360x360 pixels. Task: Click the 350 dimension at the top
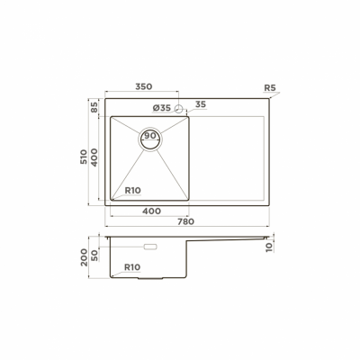point(143,87)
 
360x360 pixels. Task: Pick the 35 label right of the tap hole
point(200,105)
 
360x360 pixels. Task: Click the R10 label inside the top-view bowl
point(133,191)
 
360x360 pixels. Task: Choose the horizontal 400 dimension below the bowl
point(151,211)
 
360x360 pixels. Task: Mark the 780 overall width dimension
point(185,221)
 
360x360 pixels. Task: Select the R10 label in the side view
point(132,267)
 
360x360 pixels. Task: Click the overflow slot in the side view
point(149,246)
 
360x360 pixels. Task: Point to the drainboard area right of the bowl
point(229,157)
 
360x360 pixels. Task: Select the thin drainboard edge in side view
point(229,238)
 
